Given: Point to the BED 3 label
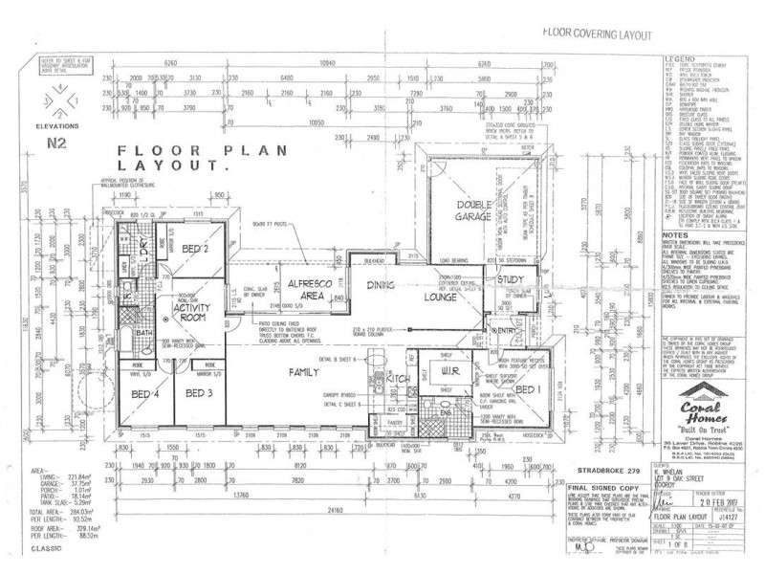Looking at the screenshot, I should click(x=199, y=393).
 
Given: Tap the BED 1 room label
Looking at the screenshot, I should click(x=526, y=390).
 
